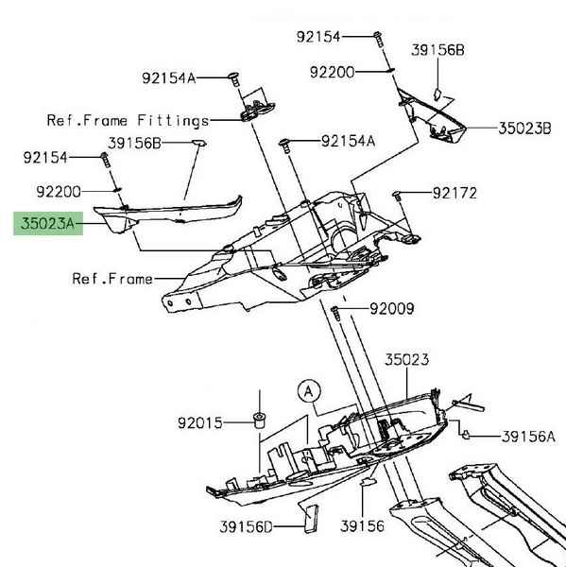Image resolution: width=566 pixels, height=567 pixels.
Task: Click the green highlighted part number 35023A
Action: tap(48, 223)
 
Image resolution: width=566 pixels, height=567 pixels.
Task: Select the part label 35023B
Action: tap(524, 129)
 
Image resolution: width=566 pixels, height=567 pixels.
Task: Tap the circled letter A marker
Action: tap(309, 391)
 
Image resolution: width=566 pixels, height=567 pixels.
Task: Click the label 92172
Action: tap(455, 193)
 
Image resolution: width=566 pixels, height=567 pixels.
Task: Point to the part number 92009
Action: tap(392, 309)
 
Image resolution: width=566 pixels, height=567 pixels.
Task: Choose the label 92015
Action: tap(200, 422)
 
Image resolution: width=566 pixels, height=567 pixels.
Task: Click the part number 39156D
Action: tap(246, 527)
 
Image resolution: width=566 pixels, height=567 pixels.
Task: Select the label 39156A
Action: tap(528, 437)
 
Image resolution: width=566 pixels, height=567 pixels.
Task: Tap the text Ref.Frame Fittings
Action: tap(128, 121)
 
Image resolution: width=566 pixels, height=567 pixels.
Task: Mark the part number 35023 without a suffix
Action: tap(407, 360)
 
